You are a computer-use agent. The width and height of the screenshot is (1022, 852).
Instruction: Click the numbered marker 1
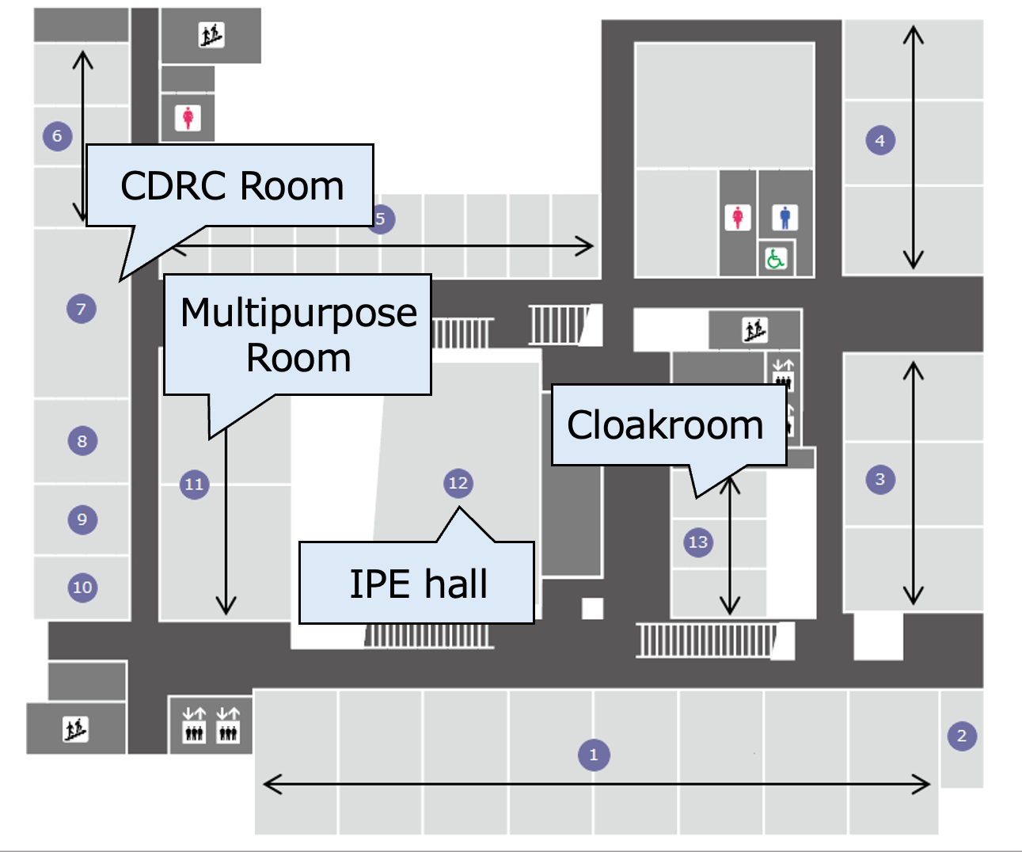594,755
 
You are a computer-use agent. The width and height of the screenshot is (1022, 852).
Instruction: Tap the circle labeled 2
962,736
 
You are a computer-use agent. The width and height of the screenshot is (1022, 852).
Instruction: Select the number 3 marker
880,479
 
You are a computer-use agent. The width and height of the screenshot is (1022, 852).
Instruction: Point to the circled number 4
880,141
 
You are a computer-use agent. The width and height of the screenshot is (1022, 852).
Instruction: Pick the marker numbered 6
57,136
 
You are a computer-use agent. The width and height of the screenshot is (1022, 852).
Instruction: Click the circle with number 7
81,309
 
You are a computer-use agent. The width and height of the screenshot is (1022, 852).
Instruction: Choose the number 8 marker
82,441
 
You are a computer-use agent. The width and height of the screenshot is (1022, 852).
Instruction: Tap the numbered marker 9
82,519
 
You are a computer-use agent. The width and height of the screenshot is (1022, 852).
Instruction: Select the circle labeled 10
82,588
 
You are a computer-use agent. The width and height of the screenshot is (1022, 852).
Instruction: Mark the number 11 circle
194,484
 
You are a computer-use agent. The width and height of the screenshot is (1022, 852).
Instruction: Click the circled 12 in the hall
458,483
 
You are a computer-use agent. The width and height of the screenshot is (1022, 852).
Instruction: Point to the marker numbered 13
697,542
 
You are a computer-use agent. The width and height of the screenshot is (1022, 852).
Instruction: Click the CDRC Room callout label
231,186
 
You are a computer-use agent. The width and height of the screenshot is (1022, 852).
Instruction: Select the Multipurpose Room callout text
298,335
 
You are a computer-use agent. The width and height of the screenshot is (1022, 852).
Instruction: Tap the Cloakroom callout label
666,425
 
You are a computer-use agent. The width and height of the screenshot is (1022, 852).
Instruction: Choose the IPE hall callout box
417,584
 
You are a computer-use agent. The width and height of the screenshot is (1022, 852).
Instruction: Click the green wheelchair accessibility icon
776,258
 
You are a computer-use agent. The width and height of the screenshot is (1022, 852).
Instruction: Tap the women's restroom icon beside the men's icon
738,217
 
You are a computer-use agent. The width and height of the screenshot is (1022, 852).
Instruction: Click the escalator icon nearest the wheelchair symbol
754,329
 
